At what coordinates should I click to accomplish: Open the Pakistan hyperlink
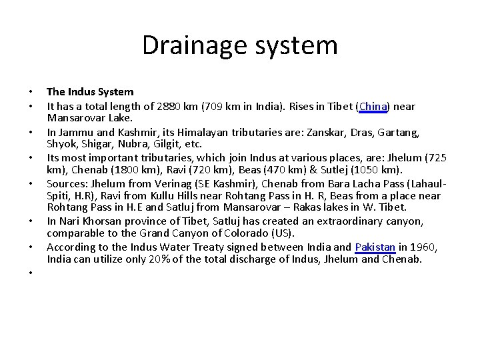pos(375,247)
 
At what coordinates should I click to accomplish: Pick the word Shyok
pos(61,144)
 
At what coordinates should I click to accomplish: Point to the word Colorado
pos(247,233)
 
